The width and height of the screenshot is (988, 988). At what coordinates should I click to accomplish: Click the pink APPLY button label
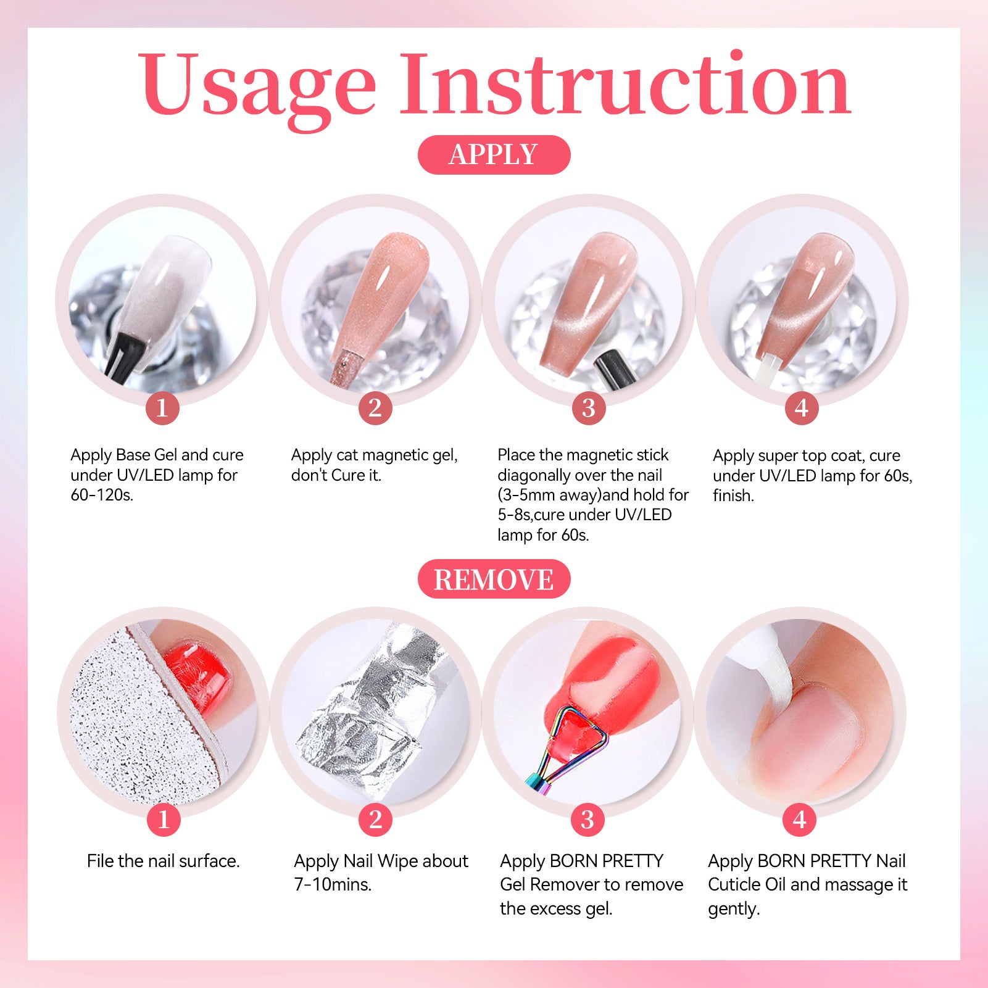[x=494, y=154]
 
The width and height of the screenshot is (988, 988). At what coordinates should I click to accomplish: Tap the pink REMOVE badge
[x=494, y=579]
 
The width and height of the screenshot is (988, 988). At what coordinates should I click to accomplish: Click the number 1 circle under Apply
[x=162, y=407]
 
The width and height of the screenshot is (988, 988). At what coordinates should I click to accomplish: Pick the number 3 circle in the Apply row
[x=589, y=407]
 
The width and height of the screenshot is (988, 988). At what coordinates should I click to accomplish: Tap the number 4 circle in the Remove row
[x=800, y=820]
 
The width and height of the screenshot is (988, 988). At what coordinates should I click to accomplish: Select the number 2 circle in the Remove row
[x=375, y=820]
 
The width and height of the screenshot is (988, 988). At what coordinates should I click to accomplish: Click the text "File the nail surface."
[x=163, y=861]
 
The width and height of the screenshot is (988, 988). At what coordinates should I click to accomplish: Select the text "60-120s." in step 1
[x=102, y=495]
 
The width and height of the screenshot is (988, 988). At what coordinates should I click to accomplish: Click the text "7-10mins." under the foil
[x=333, y=884]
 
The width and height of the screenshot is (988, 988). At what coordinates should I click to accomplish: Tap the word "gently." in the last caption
[x=734, y=909]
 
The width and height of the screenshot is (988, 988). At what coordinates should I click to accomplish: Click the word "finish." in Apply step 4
[x=733, y=496]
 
